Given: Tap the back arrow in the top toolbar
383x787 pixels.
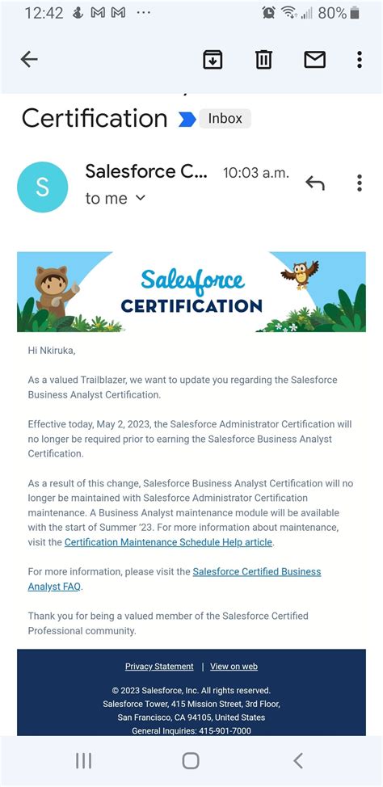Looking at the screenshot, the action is coord(29,59).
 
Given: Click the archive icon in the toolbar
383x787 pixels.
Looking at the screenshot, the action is coord(213,59).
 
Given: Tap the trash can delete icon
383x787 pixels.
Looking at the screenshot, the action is coord(263,59).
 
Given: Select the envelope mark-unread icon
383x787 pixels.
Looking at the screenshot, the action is coord(314,59).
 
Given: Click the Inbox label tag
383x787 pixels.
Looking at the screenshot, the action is coord(225,118).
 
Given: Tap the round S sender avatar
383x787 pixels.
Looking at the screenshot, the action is coord(42,187).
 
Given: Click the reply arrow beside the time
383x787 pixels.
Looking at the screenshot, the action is coord(314,183).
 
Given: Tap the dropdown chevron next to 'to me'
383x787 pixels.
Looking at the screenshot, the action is coord(141,198).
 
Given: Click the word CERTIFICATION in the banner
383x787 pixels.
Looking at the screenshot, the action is coord(191,306).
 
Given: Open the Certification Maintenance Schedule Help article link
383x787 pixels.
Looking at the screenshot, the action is coord(168,542).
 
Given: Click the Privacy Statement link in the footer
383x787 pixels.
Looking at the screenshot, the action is coord(159,667).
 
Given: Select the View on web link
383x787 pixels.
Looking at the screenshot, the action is coord(234,667).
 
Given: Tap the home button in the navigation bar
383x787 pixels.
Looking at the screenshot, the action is coord(191,760).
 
